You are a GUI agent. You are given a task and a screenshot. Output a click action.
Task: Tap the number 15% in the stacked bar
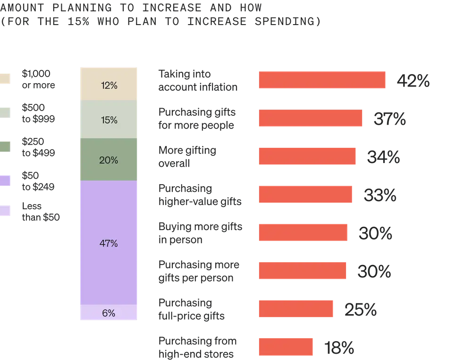click(x=109, y=120)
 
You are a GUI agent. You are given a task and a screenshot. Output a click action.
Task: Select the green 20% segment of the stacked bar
click(x=109, y=160)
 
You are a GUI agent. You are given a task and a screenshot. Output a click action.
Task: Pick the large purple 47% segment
click(x=109, y=243)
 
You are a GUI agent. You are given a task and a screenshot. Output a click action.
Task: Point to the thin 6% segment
click(x=109, y=313)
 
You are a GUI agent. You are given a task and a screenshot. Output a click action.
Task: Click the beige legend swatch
click(x=5, y=79)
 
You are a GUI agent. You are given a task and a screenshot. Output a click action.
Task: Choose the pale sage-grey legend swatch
click(x=5, y=113)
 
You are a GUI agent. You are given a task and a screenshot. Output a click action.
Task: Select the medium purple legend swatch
click(x=5, y=181)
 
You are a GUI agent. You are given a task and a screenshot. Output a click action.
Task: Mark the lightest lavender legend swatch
click(x=5, y=211)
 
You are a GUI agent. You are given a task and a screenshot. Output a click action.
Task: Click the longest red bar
click(x=322, y=80)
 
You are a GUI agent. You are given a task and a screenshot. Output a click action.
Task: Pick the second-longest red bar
click(x=310, y=118)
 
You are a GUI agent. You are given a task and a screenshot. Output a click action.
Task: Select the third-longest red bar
click(x=307, y=156)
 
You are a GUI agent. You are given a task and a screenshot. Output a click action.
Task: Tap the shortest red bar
click(x=286, y=347)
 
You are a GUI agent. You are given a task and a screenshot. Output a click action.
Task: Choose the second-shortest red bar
click(x=296, y=309)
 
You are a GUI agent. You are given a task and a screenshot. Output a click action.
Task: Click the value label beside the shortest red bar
click(x=338, y=348)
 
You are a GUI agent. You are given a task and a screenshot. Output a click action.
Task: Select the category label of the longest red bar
click(x=198, y=80)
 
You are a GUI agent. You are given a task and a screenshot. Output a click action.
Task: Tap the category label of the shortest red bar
click(x=198, y=347)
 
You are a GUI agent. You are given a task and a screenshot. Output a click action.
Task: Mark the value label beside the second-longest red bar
click(x=390, y=119)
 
